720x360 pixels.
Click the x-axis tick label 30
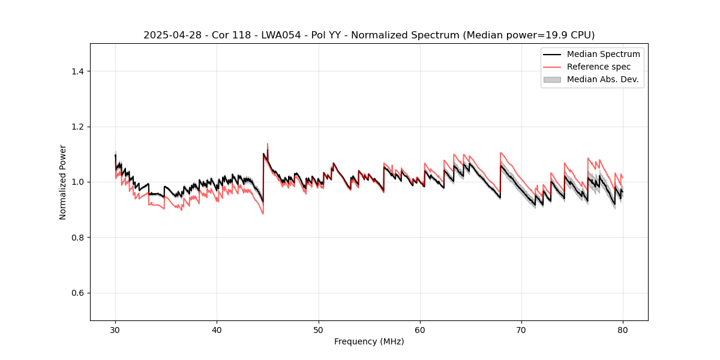tap(115, 329)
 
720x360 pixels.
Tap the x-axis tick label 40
tap(217, 329)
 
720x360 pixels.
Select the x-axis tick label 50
tap(319, 329)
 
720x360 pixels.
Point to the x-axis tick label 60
tap(420, 329)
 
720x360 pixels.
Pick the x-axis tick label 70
tap(521, 329)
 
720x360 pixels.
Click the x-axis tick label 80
tap(623, 329)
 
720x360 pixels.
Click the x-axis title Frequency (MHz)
tap(369, 341)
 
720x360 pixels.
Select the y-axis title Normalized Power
tap(63, 182)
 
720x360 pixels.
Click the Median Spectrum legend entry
tap(603, 54)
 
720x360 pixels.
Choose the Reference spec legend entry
tap(598, 67)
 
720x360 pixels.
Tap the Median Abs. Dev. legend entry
tap(602, 79)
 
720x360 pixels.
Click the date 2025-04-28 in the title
tap(168, 35)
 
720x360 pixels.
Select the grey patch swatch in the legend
tap(552, 79)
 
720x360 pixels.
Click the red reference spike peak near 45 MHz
tap(268, 144)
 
